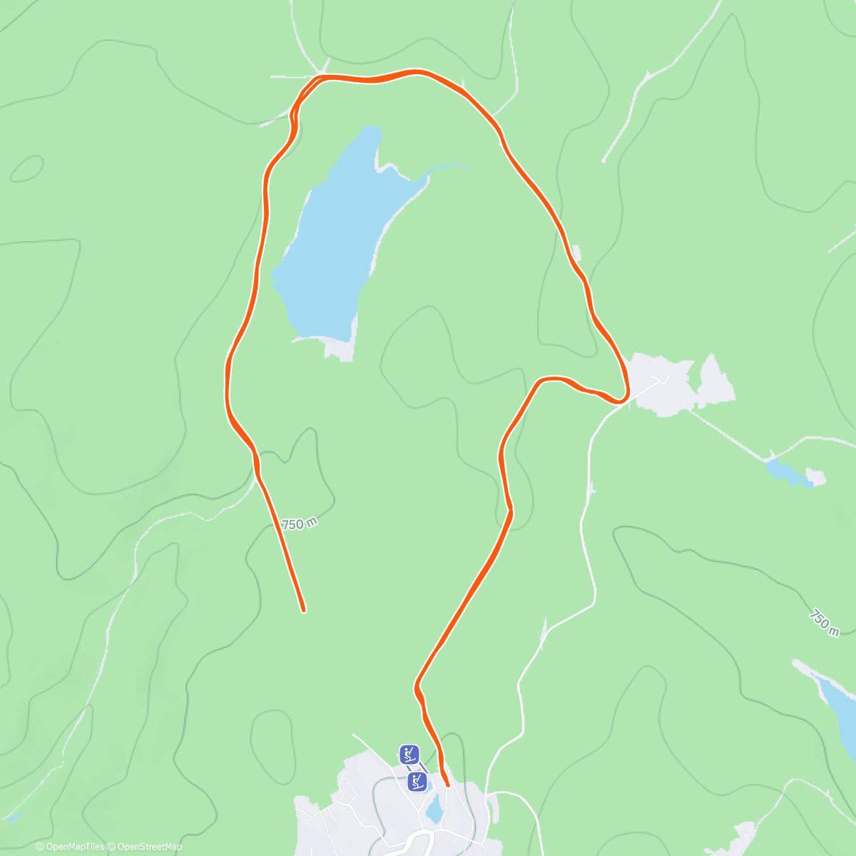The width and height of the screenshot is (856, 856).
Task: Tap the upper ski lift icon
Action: pyautogui.click(x=409, y=754)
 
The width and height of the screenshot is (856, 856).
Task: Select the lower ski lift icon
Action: pyautogui.click(x=418, y=781)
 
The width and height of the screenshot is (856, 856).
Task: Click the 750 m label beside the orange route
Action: pyautogui.click(x=299, y=524)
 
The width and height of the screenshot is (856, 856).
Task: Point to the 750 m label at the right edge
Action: pyautogui.click(x=824, y=622)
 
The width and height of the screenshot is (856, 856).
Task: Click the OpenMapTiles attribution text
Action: pyautogui.click(x=70, y=847)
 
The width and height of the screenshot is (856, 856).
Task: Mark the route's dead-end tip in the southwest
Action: pyautogui.click(x=303, y=610)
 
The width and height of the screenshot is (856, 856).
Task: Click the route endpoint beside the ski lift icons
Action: pyautogui.click(x=447, y=785)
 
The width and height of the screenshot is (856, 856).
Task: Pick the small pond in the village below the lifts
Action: pyautogui.click(x=434, y=810)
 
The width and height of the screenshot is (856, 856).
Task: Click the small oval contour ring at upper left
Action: pyautogui.click(x=27, y=169)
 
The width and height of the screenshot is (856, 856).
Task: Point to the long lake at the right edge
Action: pyautogui.click(x=842, y=713)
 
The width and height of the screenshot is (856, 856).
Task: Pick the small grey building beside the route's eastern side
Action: pyautogui.click(x=576, y=252)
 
